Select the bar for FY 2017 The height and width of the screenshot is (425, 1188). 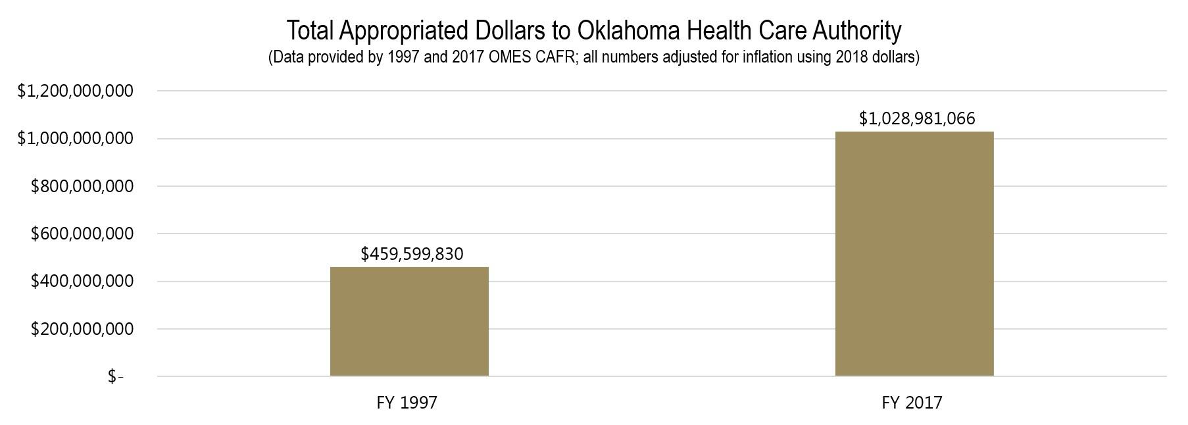[914, 254]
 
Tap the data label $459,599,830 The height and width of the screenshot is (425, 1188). [412, 254]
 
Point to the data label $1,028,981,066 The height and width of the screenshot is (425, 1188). [917, 118]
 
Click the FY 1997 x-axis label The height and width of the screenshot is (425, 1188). [407, 403]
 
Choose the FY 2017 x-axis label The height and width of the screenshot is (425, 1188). [912, 403]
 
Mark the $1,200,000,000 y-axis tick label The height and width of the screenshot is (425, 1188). [75, 91]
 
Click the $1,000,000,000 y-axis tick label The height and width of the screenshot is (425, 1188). [75, 138]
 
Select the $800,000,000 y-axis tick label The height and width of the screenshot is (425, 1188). [82, 186]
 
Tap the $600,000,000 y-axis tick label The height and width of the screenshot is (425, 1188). [82, 234]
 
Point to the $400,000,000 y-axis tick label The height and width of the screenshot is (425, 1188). [82, 281]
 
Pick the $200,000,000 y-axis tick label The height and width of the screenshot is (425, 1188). [82, 328]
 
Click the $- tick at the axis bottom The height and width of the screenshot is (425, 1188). [116, 376]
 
